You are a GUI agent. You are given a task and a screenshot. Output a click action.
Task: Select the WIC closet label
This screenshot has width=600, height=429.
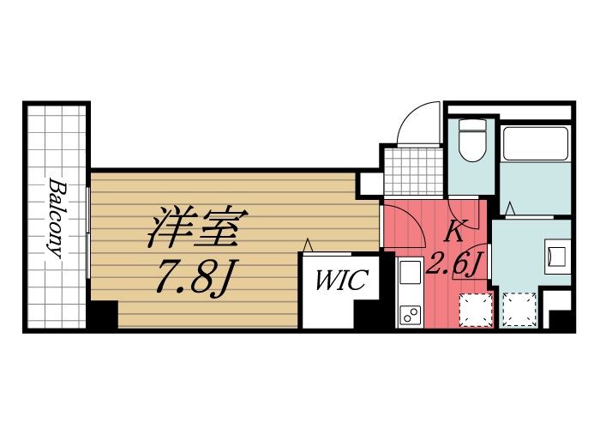coord(342,281)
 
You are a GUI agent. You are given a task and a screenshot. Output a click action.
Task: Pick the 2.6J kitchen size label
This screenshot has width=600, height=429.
coord(456,263)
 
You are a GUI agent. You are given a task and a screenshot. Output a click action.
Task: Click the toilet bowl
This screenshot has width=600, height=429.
coord(472,141)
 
